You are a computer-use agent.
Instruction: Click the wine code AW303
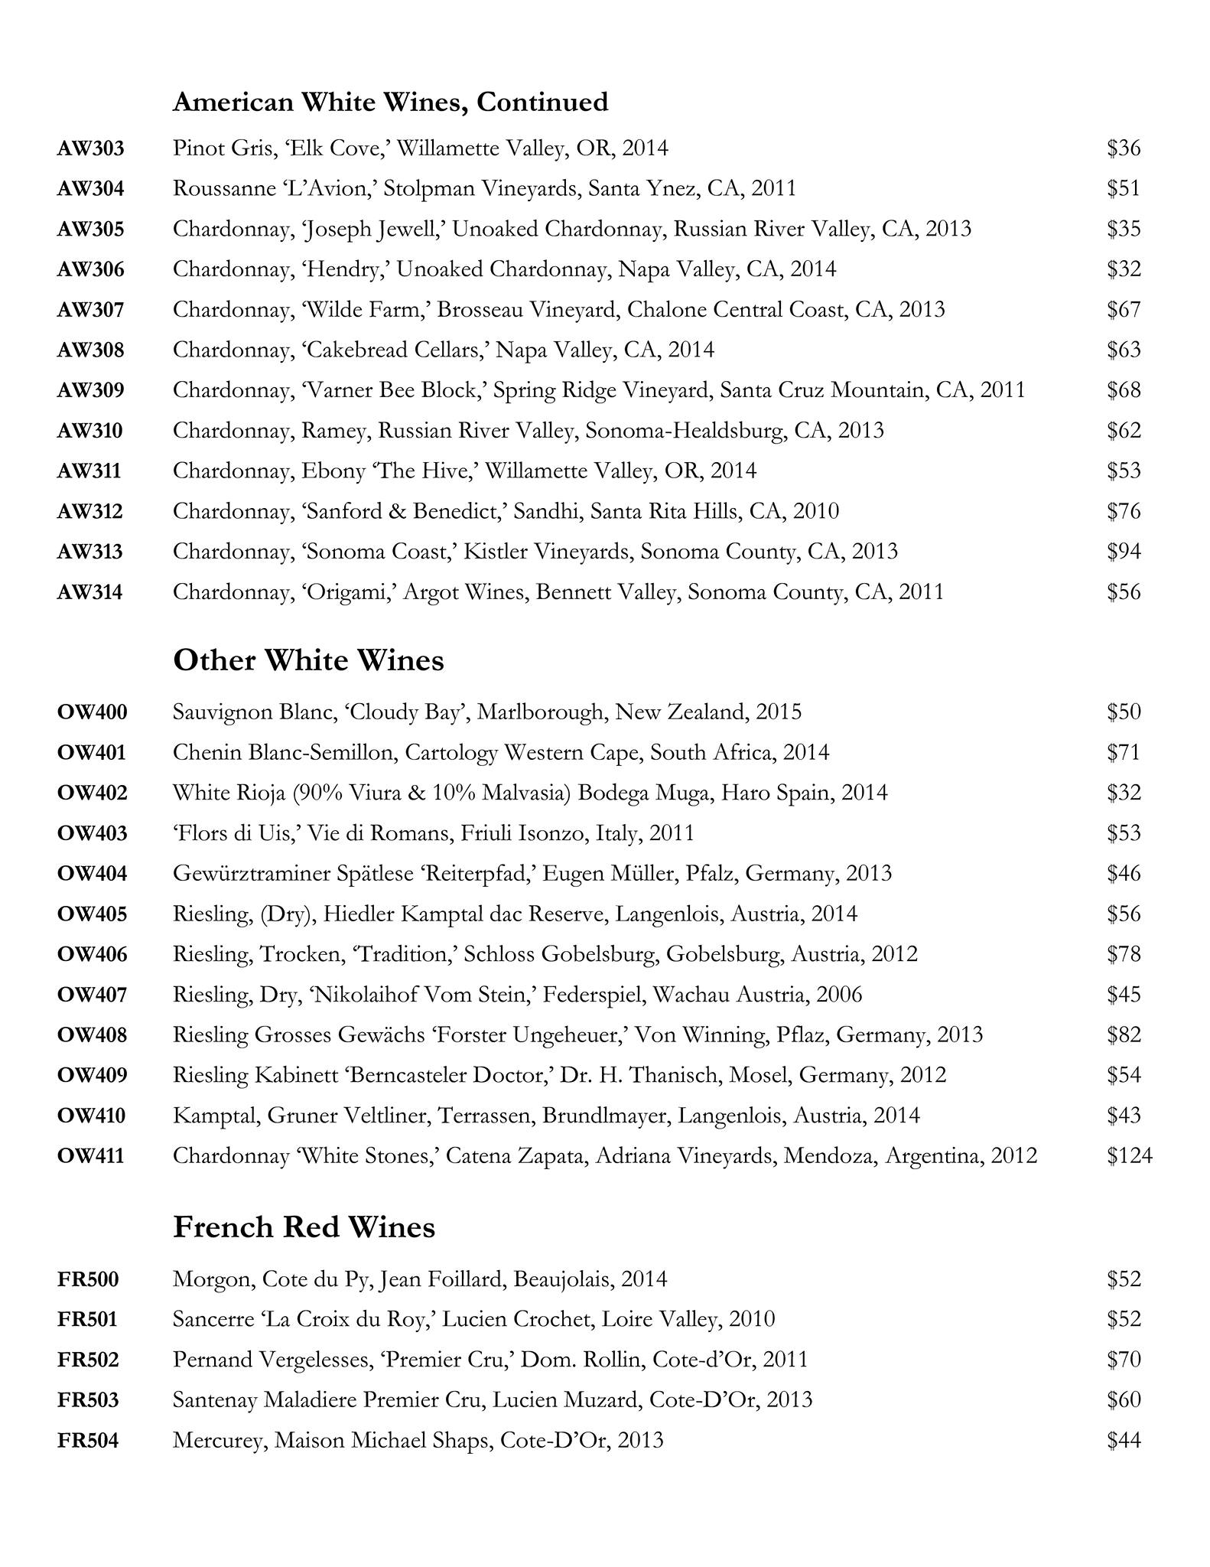click(x=90, y=148)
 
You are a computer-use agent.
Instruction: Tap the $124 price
click(x=1129, y=1155)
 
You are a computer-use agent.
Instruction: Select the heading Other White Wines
click(x=308, y=660)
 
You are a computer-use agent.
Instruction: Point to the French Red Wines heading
click(x=304, y=1227)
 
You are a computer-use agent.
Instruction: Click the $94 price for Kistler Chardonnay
click(x=1124, y=552)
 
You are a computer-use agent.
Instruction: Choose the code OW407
click(x=92, y=995)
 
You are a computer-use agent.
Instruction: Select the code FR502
click(x=88, y=1360)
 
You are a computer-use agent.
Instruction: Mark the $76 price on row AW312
click(x=1124, y=511)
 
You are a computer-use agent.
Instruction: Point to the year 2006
click(x=839, y=995)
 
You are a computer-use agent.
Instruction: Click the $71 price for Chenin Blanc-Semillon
click(x=1123, y=753)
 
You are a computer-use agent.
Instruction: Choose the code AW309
click(x=90, y=390)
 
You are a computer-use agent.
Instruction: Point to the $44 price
click(x=1124, y=1441)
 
